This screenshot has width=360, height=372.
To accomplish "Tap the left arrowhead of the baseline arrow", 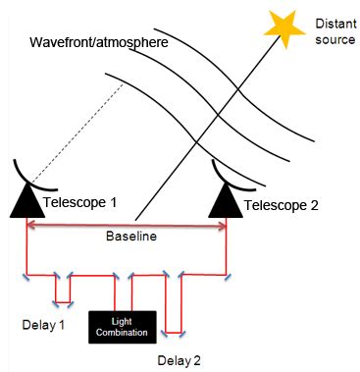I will pos(32,226).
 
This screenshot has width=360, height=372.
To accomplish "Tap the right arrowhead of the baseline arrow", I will pos(223,226).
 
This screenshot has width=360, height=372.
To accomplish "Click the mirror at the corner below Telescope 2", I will pos(227,278).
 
